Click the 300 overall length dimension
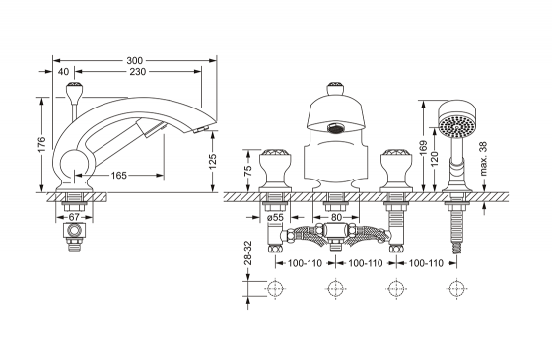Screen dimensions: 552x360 coord(134,60)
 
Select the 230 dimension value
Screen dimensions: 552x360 coord(137,72)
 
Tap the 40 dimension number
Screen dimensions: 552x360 coord(63,72)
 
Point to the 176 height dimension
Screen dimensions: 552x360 coord(41,144)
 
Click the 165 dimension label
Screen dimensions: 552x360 coord(119,176)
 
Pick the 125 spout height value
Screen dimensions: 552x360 coord(213,162)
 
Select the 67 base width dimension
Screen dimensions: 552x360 coord(74,217)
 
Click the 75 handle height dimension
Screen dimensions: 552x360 coord(248,171)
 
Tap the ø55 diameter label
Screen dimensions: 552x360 coord(275,217)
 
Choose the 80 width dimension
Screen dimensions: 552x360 coord(336,217)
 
